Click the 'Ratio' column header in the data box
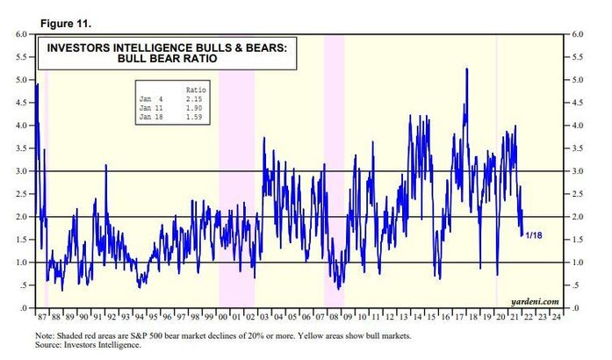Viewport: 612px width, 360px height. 197,90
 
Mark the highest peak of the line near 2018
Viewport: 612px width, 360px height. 466,68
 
